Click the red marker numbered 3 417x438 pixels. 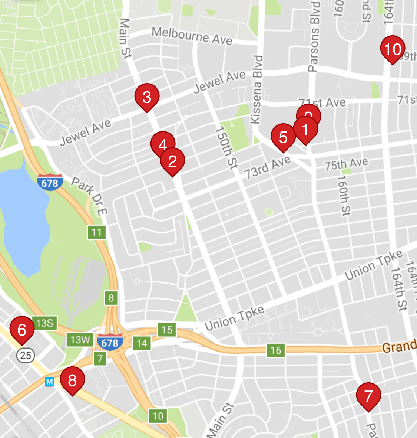click(x=147, y=97)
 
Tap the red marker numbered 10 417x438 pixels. click(x=393, y=49)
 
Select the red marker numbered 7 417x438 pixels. click(x=368, y=396)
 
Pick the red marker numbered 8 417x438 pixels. click(x=72, y=380)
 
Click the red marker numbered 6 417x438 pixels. click(x=22, y=329)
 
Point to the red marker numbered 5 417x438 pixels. click(x=283, y=137)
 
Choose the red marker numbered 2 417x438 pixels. click(x=172, y=161)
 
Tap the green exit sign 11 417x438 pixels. click(x=97, y=233)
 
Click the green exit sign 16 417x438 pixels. click(x=276, y=350)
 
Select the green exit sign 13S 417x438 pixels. click(x=45, y=323)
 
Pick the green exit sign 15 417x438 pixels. click(x=167, y=330)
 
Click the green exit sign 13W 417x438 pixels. click(x=80, y=340)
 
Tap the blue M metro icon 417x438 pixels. click(x=49, y=382)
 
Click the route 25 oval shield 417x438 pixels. click(x=26, y=355)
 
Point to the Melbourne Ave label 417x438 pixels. click(x=192, y=36)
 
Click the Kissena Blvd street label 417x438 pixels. click(x=257, y=89)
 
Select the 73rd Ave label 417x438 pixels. click(x=267, y=167)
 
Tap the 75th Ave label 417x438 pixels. click(x=346, y=164)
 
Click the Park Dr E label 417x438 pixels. click(x=89, y=196)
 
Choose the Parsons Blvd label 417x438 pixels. click(x=314, y=36)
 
